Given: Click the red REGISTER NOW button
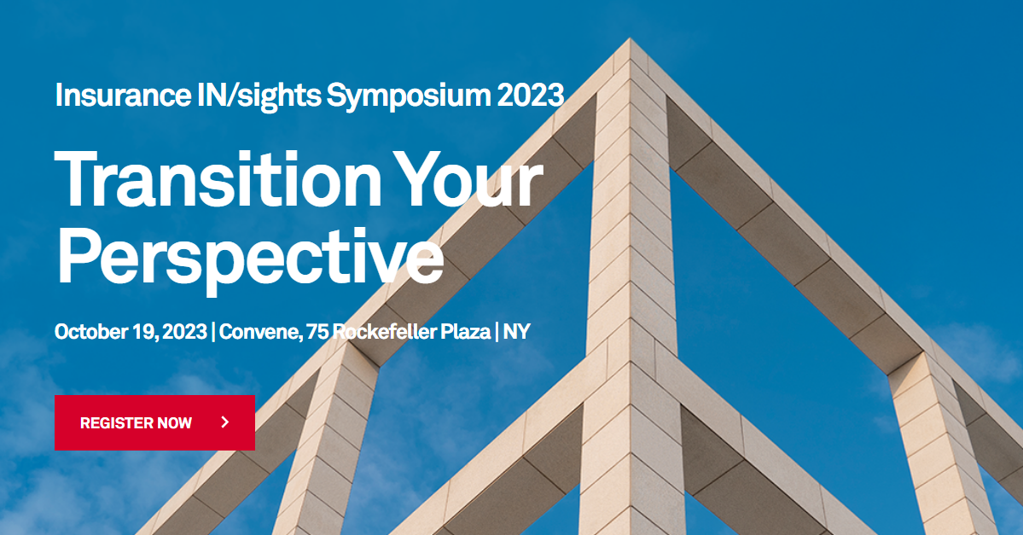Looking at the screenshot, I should (x=154, y=422).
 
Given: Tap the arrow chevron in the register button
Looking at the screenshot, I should (x=224, y=422).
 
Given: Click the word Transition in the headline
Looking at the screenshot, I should (x=218, y=179).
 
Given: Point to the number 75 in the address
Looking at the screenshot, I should (x=317, y=331).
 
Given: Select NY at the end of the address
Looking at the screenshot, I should (x=516, y=331).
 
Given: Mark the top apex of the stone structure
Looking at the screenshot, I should (x=630, y=39).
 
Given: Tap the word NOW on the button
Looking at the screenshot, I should (x=175, y=422).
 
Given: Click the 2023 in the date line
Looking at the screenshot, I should (x=183, y=331).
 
